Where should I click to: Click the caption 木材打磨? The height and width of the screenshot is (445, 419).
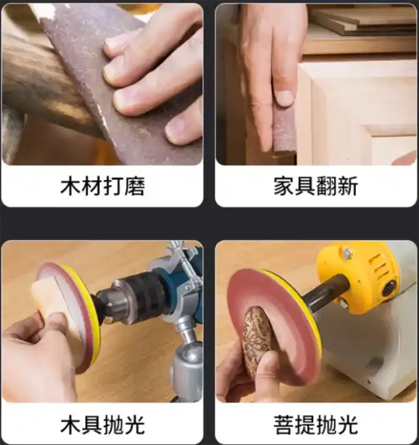103,186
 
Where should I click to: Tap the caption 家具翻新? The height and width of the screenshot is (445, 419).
316,186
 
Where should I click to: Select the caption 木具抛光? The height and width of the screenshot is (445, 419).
103,424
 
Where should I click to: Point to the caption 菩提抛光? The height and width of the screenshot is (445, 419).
316,424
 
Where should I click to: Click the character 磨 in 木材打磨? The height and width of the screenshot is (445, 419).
134,186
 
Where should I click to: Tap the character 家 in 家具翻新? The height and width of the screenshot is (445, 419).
283,186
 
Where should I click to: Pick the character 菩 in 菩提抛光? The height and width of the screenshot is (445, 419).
283,424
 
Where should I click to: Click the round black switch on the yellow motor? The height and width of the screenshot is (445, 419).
390,288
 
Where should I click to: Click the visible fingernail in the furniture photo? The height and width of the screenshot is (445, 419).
285,98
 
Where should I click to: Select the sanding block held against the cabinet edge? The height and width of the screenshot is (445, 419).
285,132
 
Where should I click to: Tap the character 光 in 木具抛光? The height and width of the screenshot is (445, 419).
134,424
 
